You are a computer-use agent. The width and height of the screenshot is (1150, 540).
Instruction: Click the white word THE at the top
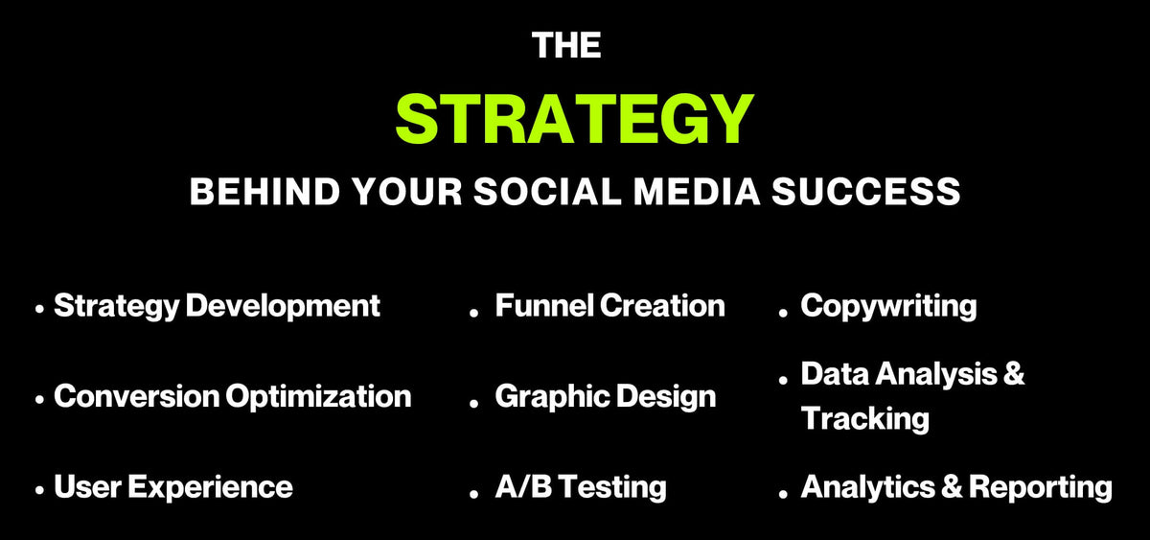(566, 45)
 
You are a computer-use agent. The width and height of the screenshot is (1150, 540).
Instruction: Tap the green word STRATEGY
(574, 119)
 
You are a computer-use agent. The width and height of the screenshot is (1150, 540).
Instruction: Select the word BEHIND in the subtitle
(264, 192)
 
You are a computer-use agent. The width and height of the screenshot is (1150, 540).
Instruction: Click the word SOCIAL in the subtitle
(547, 192)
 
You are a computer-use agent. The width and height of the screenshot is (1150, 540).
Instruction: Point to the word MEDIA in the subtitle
(696, 192)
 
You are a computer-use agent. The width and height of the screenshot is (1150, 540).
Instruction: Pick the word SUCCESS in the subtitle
(866, 192)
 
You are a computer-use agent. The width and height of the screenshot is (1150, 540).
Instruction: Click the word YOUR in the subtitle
(407, 192)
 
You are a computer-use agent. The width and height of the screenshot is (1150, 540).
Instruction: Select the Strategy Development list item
(217, 307)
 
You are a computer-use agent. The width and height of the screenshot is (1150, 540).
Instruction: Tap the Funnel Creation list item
(609, 306)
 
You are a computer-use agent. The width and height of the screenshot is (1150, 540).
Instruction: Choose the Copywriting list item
(888, 307)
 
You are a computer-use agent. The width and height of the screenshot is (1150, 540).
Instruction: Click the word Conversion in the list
(136, 396)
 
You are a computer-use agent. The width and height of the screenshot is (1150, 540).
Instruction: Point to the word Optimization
(319, 397)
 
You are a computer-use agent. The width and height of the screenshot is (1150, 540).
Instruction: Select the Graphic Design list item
(606, 397)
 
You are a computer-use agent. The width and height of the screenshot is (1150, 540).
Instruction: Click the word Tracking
(865, 419)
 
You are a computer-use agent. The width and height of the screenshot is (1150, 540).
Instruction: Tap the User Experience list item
(173, 487)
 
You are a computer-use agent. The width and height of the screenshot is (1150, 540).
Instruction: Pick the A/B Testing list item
(581, 487)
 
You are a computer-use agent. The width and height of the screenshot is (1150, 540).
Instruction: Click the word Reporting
(1041, 487)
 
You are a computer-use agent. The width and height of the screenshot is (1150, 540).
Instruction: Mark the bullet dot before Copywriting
(783, 313)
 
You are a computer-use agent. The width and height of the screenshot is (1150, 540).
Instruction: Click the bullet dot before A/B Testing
(473, 494)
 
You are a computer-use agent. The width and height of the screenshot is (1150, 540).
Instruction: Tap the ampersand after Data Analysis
(1014, 373)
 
